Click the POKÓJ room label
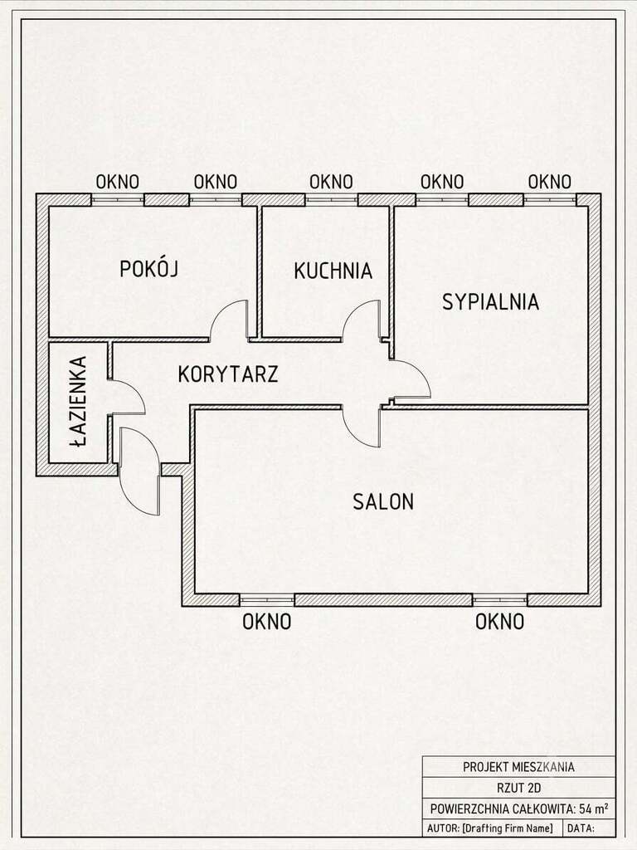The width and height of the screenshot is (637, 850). [149, 269]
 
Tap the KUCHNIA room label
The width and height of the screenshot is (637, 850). [333, 271]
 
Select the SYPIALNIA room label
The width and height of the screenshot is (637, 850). [491, 302]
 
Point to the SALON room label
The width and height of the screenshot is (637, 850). [383, 501]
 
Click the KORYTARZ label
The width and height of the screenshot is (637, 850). [228, 374]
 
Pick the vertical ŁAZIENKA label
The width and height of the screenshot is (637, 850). [79, 402]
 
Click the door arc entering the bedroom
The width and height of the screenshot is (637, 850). [421, 370]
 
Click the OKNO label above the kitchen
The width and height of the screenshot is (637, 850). [331, 182]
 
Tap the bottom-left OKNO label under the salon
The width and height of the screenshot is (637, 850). [266, 622]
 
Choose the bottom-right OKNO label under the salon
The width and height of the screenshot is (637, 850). [499, 622]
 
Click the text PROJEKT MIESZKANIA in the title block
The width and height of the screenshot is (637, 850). [518, 767]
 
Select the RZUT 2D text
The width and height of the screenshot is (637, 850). [519, 789]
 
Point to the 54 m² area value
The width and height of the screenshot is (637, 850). [593, 808]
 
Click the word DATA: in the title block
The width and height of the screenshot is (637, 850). [581, 828]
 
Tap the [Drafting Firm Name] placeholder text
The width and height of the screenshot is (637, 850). [508, 828]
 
